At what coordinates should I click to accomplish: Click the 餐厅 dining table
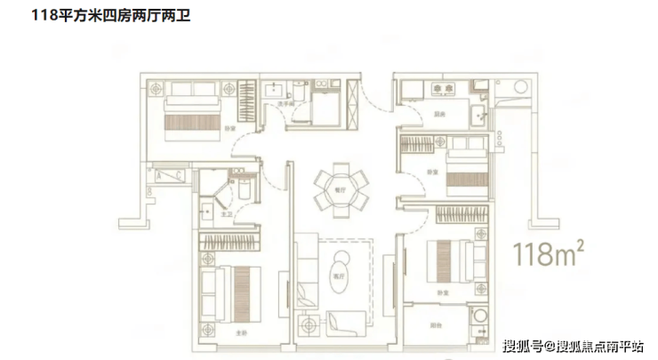(339, 189)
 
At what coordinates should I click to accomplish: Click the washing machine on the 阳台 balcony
(479, 316)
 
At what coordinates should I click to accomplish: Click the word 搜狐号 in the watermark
(523, 344)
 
